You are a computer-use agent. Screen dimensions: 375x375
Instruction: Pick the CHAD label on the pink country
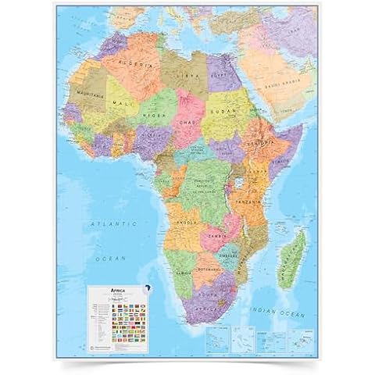(188, 122)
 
